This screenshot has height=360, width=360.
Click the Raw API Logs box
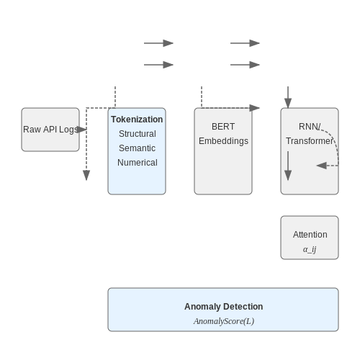pyautogui.click(x=50, y=130)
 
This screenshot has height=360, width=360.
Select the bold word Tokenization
pyautogui.click(x=137, y=120)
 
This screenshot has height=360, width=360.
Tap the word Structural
pyautogui.click(x=138, y=134)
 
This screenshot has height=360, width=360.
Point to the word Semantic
pyautogui.click(x=137, y=148)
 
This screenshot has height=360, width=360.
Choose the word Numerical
pyautogui.click(x=138, y=163)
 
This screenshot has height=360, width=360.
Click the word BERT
pyautogui.click(x=223, y=127)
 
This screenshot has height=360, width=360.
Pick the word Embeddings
pyautogui.click(x=223, y=141)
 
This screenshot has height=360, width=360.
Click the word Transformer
pyautogui.click(x=310, y=141)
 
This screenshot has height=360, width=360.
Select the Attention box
pyautogui.click(x=310, y=238)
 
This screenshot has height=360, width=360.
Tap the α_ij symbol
pyautogui.click(x=310, y=249)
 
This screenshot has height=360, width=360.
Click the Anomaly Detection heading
pyautogui.click(x=223, y=307)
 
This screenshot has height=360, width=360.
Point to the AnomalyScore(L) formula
pyautogui.click(x=224, y=321)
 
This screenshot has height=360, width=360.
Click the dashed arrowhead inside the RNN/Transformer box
pyautogui.click(x=322, y=166)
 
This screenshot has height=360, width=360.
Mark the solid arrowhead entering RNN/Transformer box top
pyautogui.click(x=288, y=103)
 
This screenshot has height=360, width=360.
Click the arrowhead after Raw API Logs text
pyautogui.click(x=81, y=130)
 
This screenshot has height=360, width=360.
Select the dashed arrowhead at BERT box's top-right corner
pyautogui.click(x=254, y=108)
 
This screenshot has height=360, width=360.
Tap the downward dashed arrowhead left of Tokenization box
pyautogui.click(x=86, y=175)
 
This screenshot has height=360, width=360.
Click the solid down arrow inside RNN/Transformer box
pyautogui.click(x=288, y=166)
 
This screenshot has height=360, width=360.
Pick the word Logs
pyautogui.click(x=68, y=130)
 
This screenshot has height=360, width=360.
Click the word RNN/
pyautogui.click(x=310, y=127)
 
